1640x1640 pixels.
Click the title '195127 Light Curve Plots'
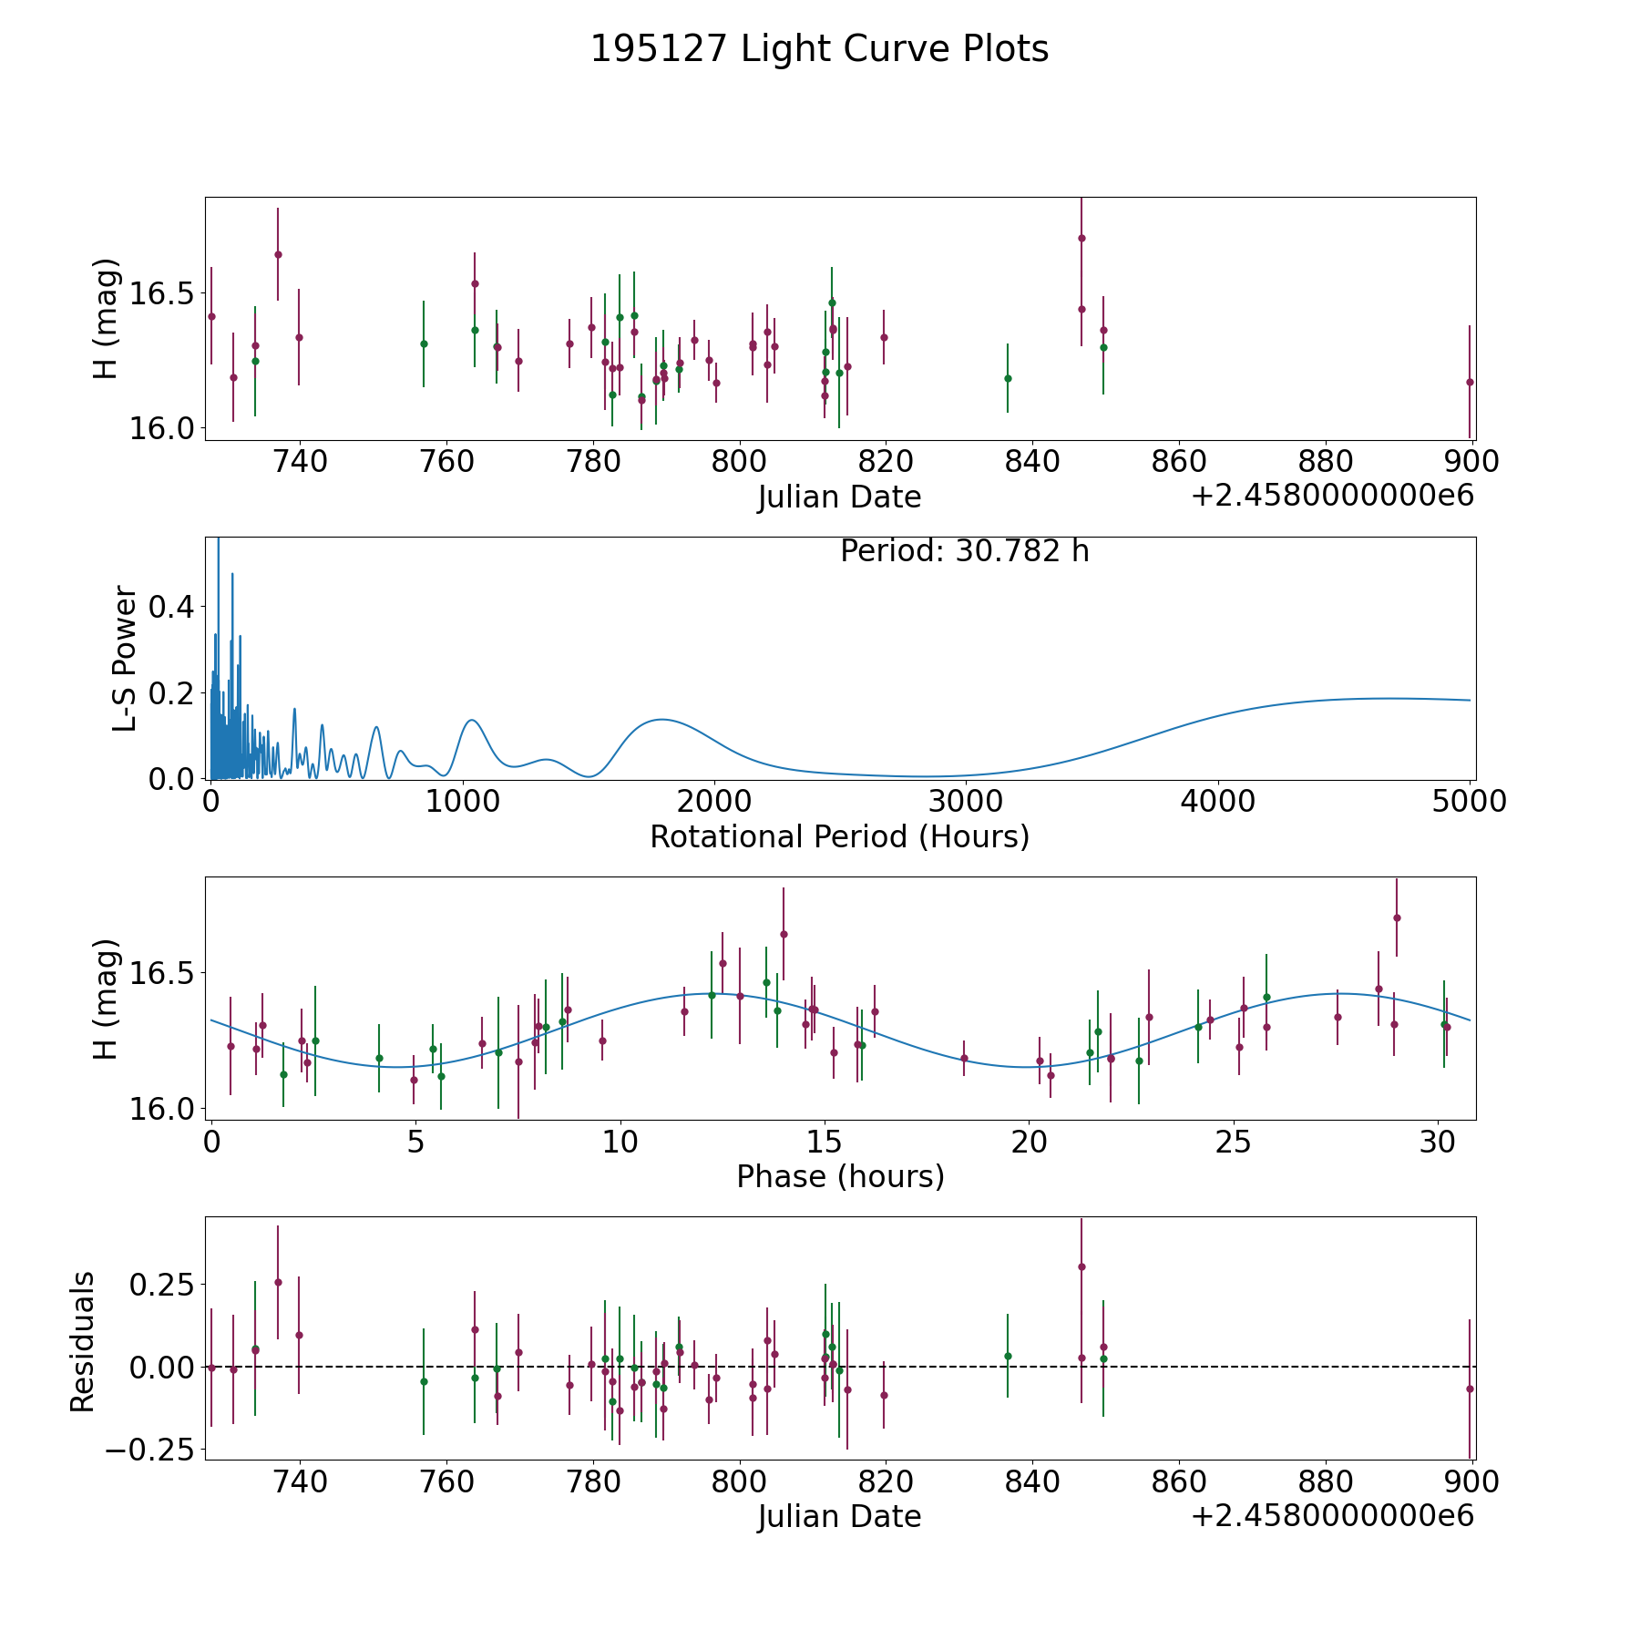[x=819, y=49]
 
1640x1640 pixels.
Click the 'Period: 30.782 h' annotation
[x=964, y=551]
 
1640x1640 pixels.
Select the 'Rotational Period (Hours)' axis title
[x=839, y=836]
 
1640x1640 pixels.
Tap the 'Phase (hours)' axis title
[x=840, y=1176]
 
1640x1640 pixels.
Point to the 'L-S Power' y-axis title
[x=125, y=659]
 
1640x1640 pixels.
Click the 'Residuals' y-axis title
[x=83, y=1342]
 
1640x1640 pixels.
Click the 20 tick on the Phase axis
[x=1029, y=1142]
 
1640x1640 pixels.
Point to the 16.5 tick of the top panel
[x=162, y=294]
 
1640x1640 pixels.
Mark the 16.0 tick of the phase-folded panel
[x=162, y=1109]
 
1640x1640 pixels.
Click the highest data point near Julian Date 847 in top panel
[x=1081, y=238]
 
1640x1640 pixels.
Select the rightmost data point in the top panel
[x=1470, y=382]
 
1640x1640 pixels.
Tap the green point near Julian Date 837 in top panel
[x=1008, y=378]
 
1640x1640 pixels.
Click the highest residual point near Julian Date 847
[x=1081, y=1266]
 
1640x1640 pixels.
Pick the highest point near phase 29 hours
[x=1397, y=917]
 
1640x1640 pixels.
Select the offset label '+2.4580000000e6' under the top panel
[x=1332, y=497]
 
